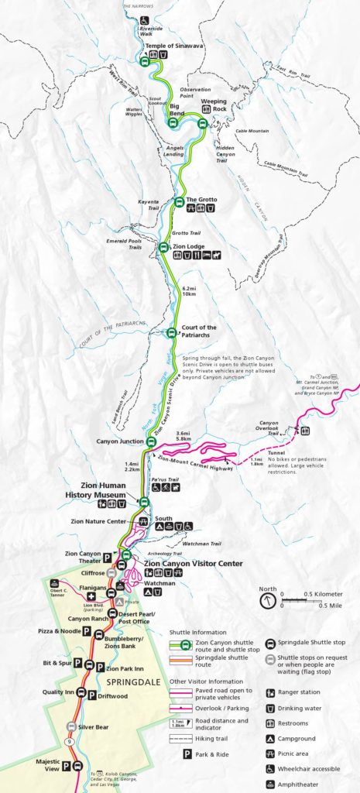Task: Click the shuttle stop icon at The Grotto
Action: click(178, 203)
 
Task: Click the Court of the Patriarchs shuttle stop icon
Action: click(172, 333)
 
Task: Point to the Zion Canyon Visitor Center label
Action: click(193, 563)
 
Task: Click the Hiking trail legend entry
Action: click(225, 738)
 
